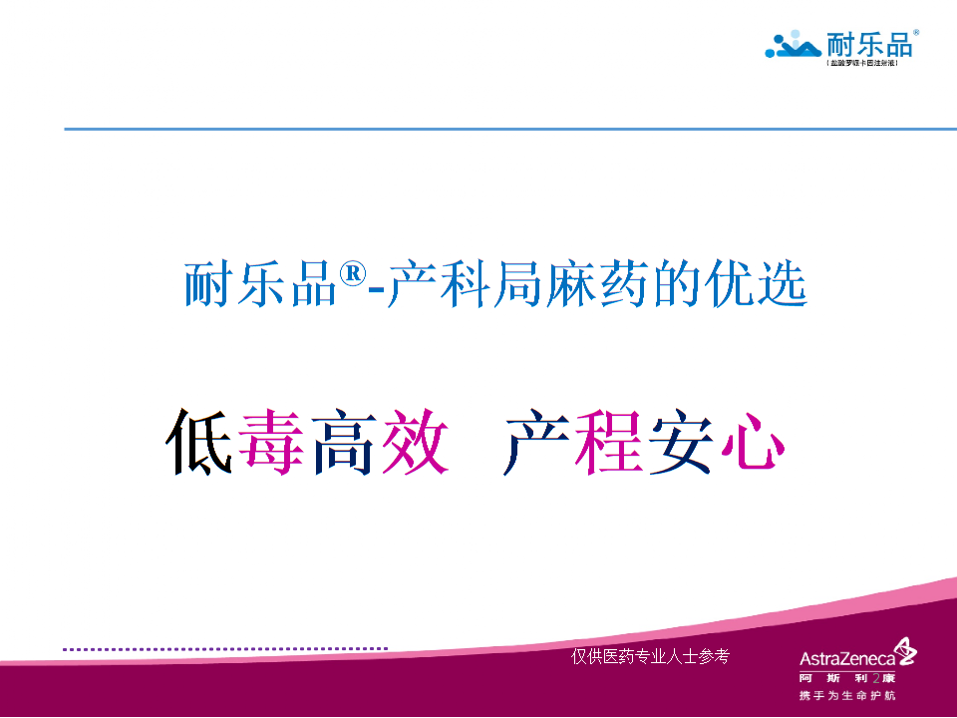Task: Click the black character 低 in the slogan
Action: pyautogui.click(x=200, y=441)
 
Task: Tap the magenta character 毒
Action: pyautogui.click(x=271, y=441)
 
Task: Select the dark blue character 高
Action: pyautogui.click(x=344, y=441)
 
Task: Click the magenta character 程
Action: pyautogui.click(x=607, y=441)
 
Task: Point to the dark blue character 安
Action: pyautogui.click(x=679, y=441)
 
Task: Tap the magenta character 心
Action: pyautogui.click(x=749, y=441)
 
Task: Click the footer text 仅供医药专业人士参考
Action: pyautogui.click(x=650, y=656)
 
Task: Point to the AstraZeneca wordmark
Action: pyautogui.click(x=846, y=657)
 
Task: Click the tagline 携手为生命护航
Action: pyautogui.click(x=847, y=695)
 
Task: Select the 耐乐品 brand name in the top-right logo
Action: pyautogui.click(x=868, y=44)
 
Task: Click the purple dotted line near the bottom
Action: pyautogui.click(x=224, y=648)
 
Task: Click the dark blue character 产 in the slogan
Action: pyautogui.click(x=535, y=441)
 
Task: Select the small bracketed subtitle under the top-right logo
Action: pyautogui.click(x=863, y=63)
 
